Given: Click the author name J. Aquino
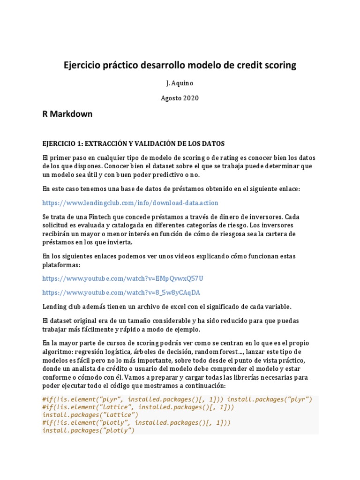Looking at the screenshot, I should pyautogui.click(x=180, y=83).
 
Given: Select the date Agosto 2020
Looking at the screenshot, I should pyautogui.click(x=180, y=98).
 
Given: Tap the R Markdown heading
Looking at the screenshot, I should pyautogui.click(x=67, y=114).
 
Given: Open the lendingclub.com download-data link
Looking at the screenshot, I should pyautogui.click(x=130, y=203).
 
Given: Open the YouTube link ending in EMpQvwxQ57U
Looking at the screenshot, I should pyautogui.click(x=123, y=278).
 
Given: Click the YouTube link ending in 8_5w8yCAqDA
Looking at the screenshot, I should pyautogui.click(x=121, y=292).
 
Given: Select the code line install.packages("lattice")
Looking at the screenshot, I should pyautogui.click(x=90, y=415).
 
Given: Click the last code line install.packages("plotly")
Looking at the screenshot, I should pyautogui.click(x=88, y=430).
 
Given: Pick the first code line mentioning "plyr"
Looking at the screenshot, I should pyautogui.click(x=177, y=400).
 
